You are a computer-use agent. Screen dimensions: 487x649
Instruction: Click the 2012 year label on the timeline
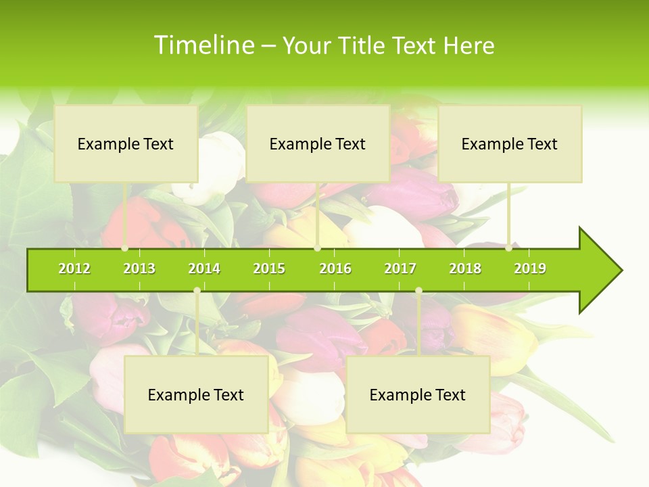click(74, 269)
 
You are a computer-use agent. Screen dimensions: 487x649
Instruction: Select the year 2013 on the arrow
click(139, 269)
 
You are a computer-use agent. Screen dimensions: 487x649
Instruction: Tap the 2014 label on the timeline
click(204, 269)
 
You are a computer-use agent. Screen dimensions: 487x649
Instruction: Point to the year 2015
click(269, 269)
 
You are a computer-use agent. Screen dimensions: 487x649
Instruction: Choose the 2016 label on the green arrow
click(335, 269)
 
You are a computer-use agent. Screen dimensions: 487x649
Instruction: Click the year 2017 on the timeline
click(400, 269)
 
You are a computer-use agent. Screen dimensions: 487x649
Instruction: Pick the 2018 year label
click(465, 269)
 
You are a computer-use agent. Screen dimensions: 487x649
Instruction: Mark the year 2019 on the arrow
click(530, 269)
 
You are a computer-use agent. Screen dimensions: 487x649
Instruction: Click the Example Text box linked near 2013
click(126, 143)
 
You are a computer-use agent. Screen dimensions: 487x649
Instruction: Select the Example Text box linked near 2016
click(318, 143)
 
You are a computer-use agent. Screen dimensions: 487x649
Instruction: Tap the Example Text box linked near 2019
click(510, 143)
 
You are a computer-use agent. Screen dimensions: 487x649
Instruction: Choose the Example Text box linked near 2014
click(196, 394)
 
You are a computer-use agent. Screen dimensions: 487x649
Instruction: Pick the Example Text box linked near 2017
click(418, 394)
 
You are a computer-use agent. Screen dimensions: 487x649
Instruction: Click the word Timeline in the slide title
click(203, 45)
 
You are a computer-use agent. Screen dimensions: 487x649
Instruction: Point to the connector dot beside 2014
click(197, 290)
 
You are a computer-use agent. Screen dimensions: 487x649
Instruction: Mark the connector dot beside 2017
click(418, 290)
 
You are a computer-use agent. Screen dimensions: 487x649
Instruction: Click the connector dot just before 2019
click(509, 248)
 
